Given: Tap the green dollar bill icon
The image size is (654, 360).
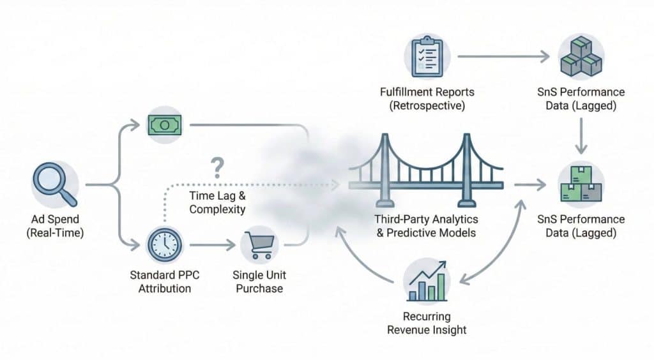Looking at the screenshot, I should tap(163, 124).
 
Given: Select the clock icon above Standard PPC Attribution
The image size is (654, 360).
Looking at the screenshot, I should tap(164, 244).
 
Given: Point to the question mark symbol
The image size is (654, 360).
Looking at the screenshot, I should tap(217, 168).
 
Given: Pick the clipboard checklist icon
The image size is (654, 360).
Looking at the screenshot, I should tap(427, 55).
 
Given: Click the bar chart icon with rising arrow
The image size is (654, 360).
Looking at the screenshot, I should tap(427, 283).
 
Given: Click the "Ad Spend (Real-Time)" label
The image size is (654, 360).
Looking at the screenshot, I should tap(55, 226).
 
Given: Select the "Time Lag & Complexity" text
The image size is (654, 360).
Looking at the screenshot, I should tap(217, 202).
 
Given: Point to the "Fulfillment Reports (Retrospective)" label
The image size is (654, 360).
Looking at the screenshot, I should tap(427, 99).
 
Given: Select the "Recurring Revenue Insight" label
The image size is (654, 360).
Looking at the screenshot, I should tap(427, 323).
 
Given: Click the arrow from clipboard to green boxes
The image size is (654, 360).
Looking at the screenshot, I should tap(503, 57).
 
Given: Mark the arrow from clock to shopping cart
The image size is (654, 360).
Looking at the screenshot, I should tap(211, 244).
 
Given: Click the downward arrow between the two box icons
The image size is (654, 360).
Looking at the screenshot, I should tap(581, 138).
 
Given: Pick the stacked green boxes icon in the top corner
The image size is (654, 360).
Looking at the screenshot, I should tap(581, 57).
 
